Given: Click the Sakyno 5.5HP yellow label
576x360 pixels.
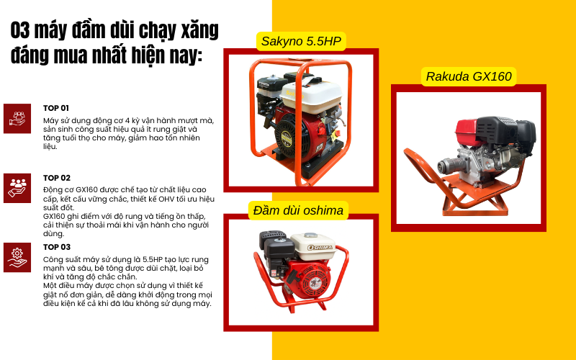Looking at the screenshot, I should coord(301,42).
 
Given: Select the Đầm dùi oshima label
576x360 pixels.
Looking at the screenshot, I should coord(299,210).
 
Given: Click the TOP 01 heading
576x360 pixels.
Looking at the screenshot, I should coord(55,108).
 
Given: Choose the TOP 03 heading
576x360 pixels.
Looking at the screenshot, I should coord(56,247).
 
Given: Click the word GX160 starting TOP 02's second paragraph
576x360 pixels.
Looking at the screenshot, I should coord(55,215).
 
